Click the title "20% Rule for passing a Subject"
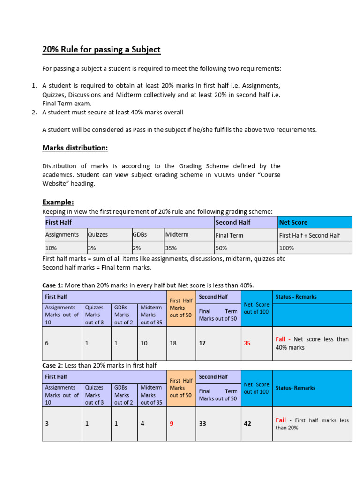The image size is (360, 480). [x=101, y=50]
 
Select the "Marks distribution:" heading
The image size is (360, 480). [x=75, y=148]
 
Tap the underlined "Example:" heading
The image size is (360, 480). [x=58, y=202]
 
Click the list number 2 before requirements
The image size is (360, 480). [x=34, y=112]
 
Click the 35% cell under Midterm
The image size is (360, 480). [x=171, y=247]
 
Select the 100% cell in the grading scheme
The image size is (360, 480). [x=287, y=247]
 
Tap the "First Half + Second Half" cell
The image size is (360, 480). [x=309, y=235]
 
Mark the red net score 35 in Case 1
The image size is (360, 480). [x=247, y=343]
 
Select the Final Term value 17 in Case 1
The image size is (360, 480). [x=202, y=343]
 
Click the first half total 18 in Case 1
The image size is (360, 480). [x=173, y=343]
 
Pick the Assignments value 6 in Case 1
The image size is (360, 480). [x=47, y=343]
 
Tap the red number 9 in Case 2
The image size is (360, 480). [x=172, y=423]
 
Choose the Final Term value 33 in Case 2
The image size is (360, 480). [x=202, y=423]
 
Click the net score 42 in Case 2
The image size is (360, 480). [x=247, y=423]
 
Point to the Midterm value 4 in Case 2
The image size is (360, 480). [x=142, y=423]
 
